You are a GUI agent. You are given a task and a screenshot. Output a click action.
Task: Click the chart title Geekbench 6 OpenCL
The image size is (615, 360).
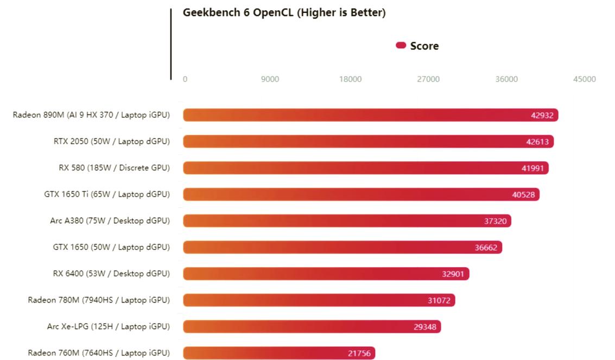(x=284, y=12)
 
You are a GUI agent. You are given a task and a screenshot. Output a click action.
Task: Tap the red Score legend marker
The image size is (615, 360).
(x=401, y=46)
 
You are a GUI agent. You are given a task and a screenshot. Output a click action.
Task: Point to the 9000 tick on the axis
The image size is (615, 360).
(x=270, y=79)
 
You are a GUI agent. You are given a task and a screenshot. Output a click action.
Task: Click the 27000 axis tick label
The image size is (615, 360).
(x=428, y=79)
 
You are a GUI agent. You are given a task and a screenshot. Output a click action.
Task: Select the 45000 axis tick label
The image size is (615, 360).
(x=584, y=79)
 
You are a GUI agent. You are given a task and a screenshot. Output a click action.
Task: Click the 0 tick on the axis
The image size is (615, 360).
(x=185, y=79)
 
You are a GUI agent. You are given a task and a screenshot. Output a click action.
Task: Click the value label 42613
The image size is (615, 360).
(x=537, y=142)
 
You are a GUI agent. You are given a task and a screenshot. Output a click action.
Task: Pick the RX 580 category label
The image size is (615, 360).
(x=114, y=168)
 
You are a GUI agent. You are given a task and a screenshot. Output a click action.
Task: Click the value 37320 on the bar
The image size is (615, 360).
(x=495, y=221)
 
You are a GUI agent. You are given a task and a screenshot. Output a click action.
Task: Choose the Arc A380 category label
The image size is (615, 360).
(x=110, y=220)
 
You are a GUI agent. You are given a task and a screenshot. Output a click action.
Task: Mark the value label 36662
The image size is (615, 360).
(x=486, y=248)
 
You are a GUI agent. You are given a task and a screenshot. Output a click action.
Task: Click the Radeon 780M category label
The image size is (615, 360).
(x=99, y=300)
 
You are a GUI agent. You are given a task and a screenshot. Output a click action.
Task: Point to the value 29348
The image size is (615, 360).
(x=424, y=327)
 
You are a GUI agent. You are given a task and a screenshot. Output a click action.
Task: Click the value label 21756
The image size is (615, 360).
(x=359, y=353)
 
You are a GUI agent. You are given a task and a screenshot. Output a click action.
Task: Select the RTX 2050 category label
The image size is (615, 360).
(x=111, y=141)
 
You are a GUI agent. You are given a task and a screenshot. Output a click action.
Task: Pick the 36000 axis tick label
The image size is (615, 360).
(x=506, y=79)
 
